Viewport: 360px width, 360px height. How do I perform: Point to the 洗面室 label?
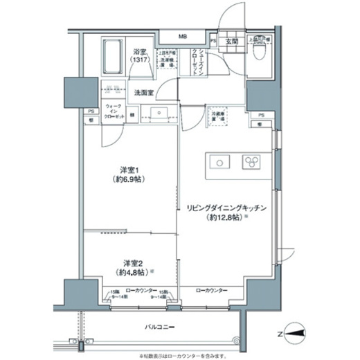coord(143,91)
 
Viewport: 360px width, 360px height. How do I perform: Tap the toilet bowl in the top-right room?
coord(262,55)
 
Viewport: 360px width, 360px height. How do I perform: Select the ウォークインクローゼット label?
coord(114,113)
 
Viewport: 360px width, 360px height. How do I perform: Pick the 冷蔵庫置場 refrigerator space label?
coord(219,114)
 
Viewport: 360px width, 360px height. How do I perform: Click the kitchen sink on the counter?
coord(219,163)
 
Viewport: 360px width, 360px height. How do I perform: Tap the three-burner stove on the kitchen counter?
coord(249,163)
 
